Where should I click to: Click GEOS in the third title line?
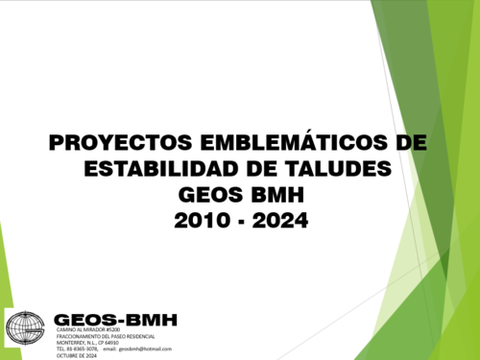pos(209,195)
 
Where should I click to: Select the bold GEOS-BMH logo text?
pos(115,320)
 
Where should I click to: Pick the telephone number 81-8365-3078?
pos(83,348)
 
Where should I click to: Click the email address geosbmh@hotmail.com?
pos(152,348)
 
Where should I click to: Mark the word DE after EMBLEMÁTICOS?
pos(410,144)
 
